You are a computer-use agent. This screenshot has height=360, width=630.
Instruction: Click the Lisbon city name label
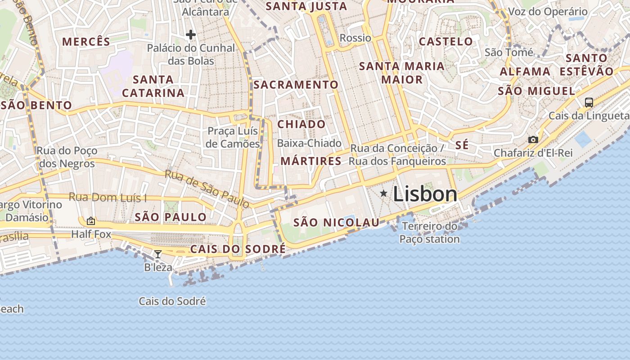click(425, 194)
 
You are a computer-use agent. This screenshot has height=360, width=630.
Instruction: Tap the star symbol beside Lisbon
click(383, 193)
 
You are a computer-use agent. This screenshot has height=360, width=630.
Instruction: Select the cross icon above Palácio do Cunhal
click(191, 35)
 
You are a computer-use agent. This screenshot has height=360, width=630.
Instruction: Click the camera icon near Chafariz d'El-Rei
click(533, 139)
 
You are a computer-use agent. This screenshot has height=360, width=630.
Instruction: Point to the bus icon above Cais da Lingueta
click(589, 102)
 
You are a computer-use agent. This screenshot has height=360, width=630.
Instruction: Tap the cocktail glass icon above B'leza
click(157, 254)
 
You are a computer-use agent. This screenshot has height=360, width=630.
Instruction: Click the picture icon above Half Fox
click(91, 221)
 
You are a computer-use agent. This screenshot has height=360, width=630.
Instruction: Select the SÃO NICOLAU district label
click(337, 222)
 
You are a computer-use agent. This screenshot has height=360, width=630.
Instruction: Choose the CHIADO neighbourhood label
click(301, 124)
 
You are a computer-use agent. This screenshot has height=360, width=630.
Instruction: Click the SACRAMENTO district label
click(296, 85)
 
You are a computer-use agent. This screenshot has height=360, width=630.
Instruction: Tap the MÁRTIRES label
click(311, 161)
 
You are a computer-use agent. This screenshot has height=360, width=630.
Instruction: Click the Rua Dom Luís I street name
click(108, 198)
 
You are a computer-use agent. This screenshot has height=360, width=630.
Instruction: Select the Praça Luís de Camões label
click(233, 137)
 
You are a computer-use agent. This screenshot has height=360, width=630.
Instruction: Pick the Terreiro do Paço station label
click(430, 233)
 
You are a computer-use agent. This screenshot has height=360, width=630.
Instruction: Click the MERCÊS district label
click(86, 42)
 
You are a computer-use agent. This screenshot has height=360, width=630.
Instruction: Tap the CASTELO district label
click(446, 42)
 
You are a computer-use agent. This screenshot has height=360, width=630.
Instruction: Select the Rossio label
click(355, 38)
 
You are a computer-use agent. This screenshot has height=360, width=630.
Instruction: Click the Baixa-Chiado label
click(309, 143)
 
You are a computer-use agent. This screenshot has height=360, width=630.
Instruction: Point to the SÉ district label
click(462, 145)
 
